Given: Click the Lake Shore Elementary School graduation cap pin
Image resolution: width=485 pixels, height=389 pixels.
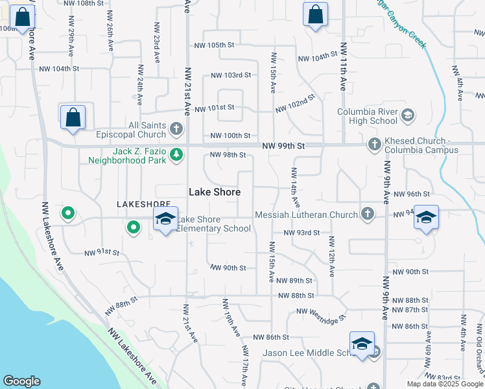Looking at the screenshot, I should coord(166,220).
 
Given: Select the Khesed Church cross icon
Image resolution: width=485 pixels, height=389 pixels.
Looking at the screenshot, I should coord(374,145).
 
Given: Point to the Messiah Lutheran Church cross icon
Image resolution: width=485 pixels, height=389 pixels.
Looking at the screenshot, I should coord(367,214).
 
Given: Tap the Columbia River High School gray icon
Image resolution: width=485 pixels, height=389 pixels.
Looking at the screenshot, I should coord(408,116).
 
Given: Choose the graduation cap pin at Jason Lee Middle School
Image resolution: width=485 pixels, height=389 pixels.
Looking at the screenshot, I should coord(362,345).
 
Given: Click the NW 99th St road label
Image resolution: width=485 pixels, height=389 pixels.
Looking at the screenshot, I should coord(283,147).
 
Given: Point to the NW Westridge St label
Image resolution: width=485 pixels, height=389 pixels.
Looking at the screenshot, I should coord(322,314).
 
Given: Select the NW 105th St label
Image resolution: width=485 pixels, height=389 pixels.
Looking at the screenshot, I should coord(213,45).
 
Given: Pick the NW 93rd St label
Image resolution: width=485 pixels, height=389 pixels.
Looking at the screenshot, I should coord(302,233).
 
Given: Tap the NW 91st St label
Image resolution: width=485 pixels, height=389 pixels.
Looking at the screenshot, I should coord(102,252).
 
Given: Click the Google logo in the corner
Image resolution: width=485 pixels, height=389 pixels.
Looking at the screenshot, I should coord(21,381).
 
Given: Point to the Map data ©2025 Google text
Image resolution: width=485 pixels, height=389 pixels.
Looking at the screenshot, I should coord(445,384).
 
